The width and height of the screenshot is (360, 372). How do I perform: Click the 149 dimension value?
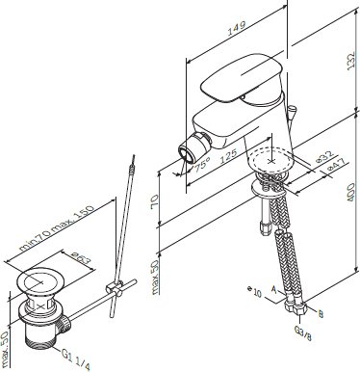[x=237, y=28]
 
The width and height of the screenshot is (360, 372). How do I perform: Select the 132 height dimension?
[x=351, y=60]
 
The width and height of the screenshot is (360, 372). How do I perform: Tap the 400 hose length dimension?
[x=351, y=192]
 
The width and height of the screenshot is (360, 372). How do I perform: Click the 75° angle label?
[x=202, y=164]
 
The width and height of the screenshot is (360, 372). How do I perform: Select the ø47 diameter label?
[x=338, y=165]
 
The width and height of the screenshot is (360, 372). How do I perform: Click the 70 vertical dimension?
[x=154, y=201]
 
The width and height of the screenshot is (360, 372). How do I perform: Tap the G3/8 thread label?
[x=303, y=333]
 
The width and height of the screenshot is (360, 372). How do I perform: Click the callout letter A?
[x=273, y=290]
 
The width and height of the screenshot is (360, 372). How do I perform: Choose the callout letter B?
[x=320, y=314]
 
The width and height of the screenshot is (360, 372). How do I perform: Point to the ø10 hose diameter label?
[x=255, y=291]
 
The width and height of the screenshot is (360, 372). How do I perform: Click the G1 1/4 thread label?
[x=76, y=359]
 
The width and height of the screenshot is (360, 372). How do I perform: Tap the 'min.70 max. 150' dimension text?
[x=57, y=227]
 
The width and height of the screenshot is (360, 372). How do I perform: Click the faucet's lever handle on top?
[x=242, y=77]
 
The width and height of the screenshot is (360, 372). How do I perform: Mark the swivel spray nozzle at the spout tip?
[x=193, y=148]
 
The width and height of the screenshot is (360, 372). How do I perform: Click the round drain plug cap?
[x=41, y=281]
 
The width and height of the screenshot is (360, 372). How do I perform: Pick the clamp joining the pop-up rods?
[x=115, y=288]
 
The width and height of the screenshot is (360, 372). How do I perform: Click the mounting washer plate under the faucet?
[x=269, y=189]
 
